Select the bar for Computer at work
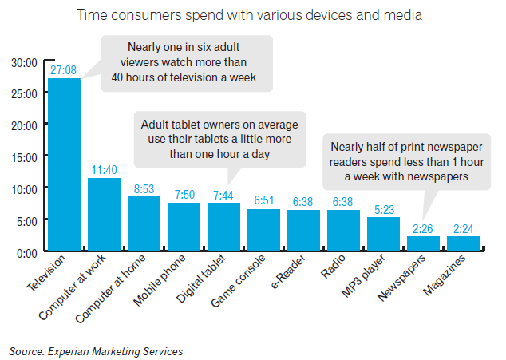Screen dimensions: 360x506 click(104, 215)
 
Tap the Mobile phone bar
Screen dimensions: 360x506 click(184, 227)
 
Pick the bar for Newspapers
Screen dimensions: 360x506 click(423, 243)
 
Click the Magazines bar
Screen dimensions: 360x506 click(463, 243)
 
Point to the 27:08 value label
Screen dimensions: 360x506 click(64, 71)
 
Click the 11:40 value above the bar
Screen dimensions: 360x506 click(104, 171)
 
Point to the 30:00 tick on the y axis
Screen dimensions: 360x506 click(25, 62)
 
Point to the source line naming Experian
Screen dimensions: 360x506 click(96, 350)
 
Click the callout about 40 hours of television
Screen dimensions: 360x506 click(188, 63)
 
